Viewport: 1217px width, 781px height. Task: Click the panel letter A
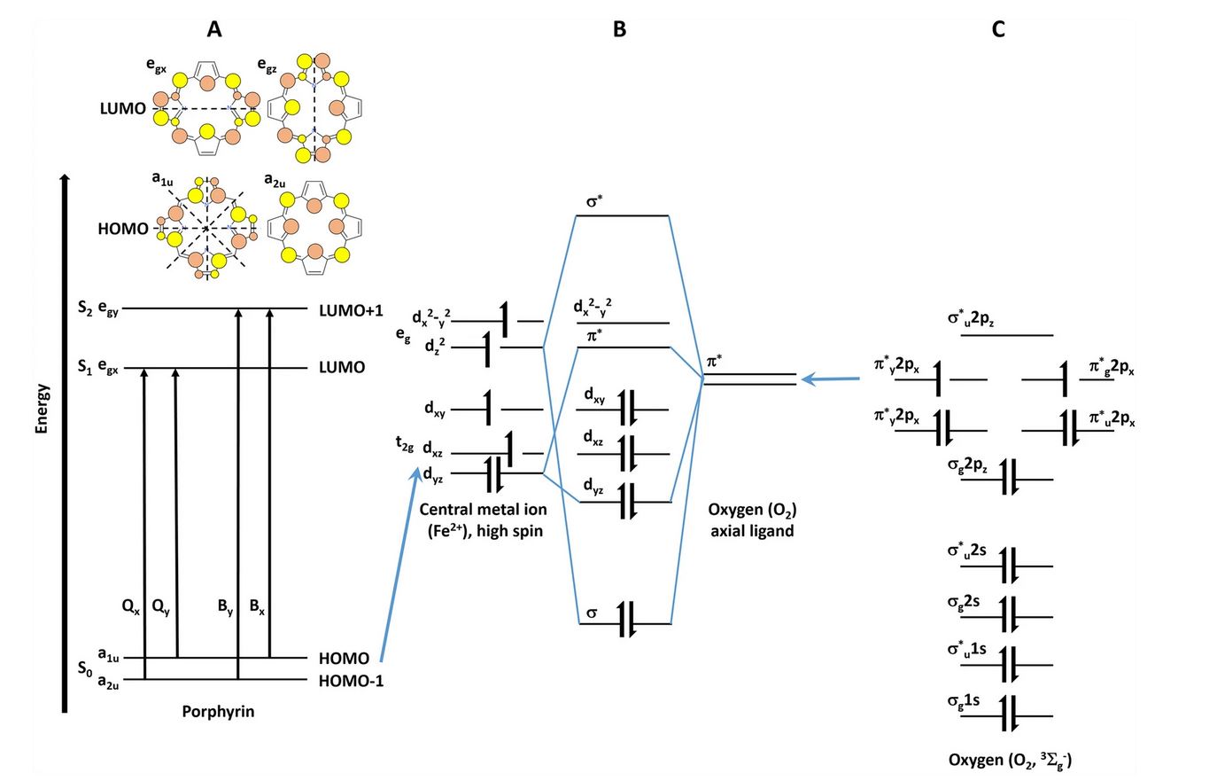(213, 29)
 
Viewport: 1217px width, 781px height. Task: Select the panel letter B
(619, 29)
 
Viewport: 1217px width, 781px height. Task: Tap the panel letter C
(998, 29)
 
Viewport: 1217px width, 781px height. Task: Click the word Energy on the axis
(42, 409)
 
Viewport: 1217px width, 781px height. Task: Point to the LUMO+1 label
(351, 310)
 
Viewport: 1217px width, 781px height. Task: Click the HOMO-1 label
(351, 681)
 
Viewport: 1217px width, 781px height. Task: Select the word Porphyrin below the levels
(218, 712)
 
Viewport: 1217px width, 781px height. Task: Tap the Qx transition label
(130, 607)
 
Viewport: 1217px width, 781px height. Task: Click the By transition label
(226, 607)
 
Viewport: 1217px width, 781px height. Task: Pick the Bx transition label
(257, 607)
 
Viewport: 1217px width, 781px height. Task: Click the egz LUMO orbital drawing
(314, 109)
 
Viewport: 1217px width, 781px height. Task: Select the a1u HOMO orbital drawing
(205, 229)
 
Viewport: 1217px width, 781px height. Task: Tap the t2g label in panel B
(405, 444)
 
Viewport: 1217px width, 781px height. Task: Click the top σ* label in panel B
(594, 201)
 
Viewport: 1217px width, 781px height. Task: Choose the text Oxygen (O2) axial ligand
(752, 520)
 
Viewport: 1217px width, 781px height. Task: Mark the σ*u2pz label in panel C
(971, 318)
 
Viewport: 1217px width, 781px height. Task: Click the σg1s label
(964, 701)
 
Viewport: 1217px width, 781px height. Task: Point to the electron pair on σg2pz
(1009, 480)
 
